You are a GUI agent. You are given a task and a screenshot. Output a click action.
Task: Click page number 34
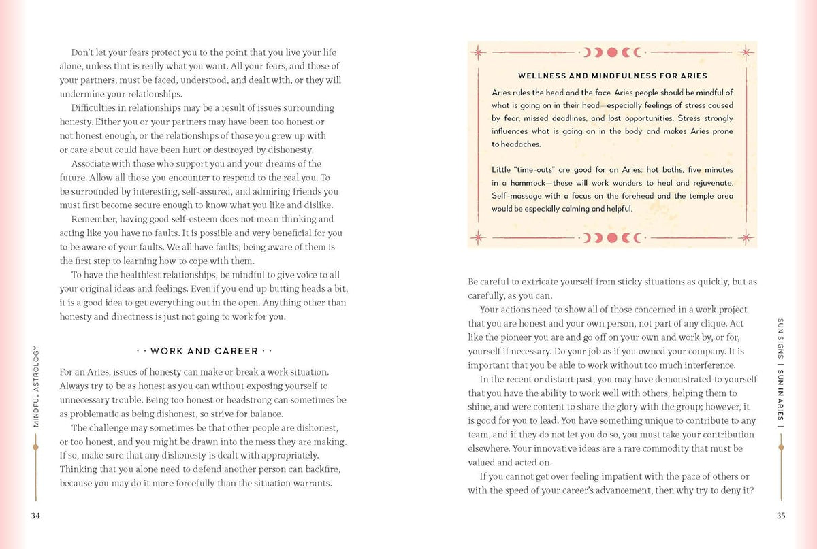36,516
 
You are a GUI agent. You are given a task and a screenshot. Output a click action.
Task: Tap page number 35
781,516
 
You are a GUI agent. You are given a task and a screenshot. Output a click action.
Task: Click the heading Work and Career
204,352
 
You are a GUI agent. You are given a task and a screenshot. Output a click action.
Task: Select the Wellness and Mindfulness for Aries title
613,76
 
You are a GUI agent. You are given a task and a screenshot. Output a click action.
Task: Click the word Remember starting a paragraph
94,219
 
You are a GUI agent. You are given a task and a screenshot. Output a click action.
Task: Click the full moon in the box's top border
612,51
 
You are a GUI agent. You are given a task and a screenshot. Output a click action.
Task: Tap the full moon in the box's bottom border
612,237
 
